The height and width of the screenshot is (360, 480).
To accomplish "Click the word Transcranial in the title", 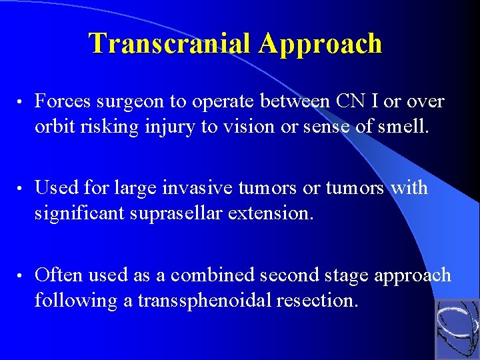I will tap(171, 43).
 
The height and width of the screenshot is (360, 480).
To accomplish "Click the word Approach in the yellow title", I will tap(321, 45).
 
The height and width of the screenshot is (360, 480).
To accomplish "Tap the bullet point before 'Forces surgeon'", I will tap(21, 102).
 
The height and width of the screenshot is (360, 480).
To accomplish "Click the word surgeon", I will tap(135, 102).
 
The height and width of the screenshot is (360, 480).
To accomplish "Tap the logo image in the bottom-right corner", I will tap(457, 329).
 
